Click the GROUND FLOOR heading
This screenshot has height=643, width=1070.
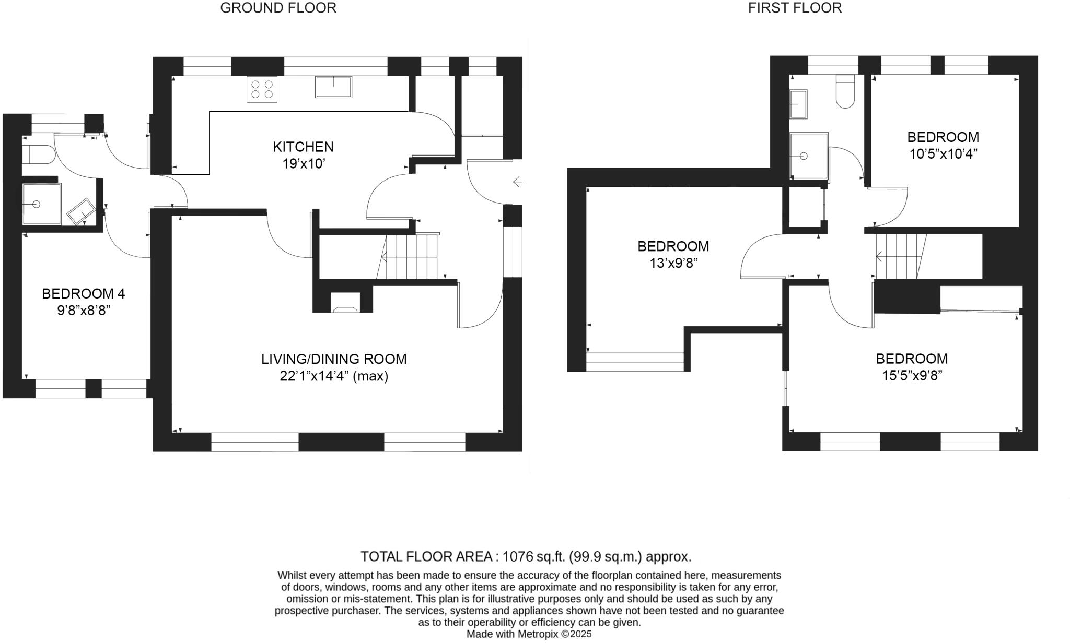click(x=278, y=8)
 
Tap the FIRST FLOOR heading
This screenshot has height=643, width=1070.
click(x=794, y=8)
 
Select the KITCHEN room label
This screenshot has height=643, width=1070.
click(x=303, y=147)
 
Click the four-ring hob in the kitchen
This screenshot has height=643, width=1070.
click(x=262, y=89)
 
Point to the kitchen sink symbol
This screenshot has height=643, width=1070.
click(x=333, y=87)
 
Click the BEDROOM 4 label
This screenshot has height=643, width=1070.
click(x=83, y=293)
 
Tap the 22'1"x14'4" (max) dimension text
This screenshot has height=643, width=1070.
click(x=334, y=376)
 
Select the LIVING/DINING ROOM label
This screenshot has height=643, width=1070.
click(x=334, y=359)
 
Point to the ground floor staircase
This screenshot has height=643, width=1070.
click(x=410, y=257)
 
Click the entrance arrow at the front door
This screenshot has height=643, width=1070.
click(x=518, y=182)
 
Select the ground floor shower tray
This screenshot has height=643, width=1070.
click(x=41, y=204)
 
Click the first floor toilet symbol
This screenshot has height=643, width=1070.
click(x=845, y=92)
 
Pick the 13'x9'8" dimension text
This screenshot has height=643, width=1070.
click(x=673, y=263)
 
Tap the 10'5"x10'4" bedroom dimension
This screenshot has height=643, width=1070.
click(x=943, y=154)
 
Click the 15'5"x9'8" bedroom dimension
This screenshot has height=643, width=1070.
click(x=912, y=375)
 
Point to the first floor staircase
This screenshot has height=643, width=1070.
click(x=900, y=256)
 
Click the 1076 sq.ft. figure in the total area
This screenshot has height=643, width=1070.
click(x=534, y=556)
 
